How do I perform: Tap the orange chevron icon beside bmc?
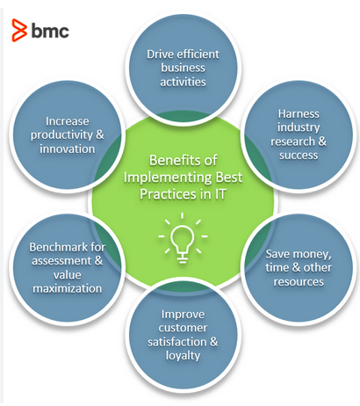19,32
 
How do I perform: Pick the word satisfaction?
175,341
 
